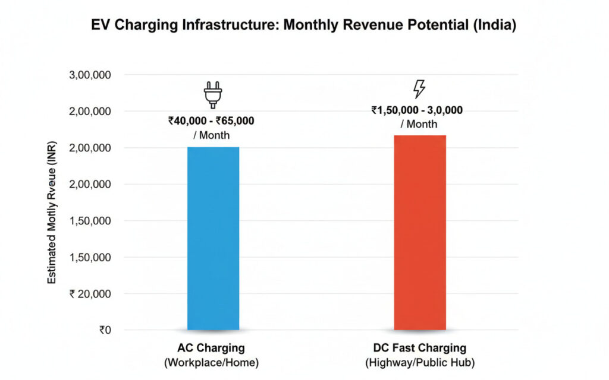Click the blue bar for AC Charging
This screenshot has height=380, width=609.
click(x=213, y=237)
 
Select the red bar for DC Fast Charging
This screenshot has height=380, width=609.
click(x=420, y=232)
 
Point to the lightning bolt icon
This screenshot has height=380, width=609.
click(x=419, y=89)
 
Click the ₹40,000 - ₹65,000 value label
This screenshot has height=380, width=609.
click(x=211, y=121)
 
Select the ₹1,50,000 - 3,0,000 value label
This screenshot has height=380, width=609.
click(x=417, y=110)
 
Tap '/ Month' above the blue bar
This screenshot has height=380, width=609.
click(x=211, y=135)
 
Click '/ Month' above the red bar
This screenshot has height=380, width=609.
click(x=418, y=124)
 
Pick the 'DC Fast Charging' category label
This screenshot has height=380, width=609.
click(x=420, y=349)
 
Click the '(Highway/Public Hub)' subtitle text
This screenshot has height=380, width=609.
click(x=420, y=363)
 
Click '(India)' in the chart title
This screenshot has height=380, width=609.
click(x=495, y=26)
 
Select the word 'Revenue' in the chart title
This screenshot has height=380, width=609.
click(x=371, y=26)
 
